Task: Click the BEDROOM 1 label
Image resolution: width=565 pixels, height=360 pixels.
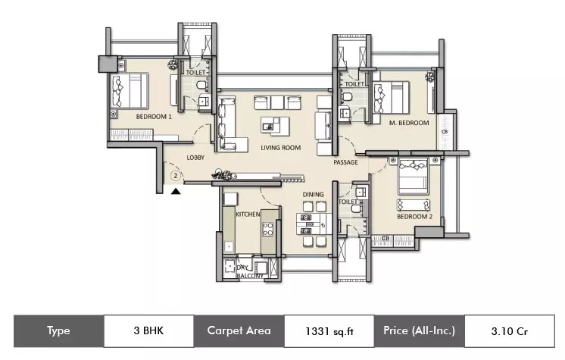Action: pos(154,117)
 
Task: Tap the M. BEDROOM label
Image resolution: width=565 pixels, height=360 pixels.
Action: pos(409,123)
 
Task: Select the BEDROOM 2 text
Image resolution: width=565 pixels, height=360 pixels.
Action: pos(415,217)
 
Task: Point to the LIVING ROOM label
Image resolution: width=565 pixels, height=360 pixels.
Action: pos(281,148)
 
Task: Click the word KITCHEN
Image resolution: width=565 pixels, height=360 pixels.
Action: pos(248,214)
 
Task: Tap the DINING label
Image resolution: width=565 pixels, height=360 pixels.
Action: pos(313,195)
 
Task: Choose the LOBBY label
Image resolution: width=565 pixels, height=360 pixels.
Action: pos(195,158)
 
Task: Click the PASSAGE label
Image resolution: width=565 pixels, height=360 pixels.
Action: pos(345,162)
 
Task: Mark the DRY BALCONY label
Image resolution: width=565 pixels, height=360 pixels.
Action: pos(249,272)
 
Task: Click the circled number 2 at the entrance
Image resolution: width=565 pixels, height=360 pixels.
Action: pos(176,176)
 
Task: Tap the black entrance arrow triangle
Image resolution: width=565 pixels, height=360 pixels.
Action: pos(176,191)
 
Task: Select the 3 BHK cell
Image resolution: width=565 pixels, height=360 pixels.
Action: pos(148,330)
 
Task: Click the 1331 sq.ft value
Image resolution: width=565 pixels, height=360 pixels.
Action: pos(329,331)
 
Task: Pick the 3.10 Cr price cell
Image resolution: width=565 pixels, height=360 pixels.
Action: pos(510,331)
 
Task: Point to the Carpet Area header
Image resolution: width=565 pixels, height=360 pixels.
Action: pos(239,330)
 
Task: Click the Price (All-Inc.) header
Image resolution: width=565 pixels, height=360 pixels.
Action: pos(419,330)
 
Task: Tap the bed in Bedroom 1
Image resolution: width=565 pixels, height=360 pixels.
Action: pos(130,91)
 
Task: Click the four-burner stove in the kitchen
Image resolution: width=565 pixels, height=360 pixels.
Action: pos(267,229)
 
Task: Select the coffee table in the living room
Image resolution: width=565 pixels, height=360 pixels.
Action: pos(275,127)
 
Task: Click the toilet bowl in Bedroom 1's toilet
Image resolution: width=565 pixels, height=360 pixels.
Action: pos(201,85)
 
